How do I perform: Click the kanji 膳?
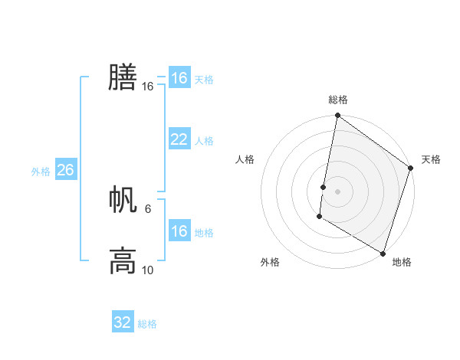tap(123, 77)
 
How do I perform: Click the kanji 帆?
tap(123, 200)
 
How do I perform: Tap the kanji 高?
tap(123, 260)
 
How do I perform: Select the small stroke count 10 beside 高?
tap(148, 270)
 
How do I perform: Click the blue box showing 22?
tap(179, 139)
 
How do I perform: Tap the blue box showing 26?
tap(65, 170)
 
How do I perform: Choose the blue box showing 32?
tap(123, 322)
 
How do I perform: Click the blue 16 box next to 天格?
tap(179, 78)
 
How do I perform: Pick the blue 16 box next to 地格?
tap(179, 231)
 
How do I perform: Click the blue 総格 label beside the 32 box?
tap(147, 324)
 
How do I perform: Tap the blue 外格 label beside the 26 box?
tap(41, 172)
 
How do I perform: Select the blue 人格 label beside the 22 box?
tap(204, 141)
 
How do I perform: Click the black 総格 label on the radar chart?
tap(338, 100)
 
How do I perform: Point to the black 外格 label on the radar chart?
tap(270, 262)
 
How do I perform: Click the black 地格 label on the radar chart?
tap(402, 262)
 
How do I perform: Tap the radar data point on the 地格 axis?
tap(383, 253)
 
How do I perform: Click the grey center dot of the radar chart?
tap(338, 191)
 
